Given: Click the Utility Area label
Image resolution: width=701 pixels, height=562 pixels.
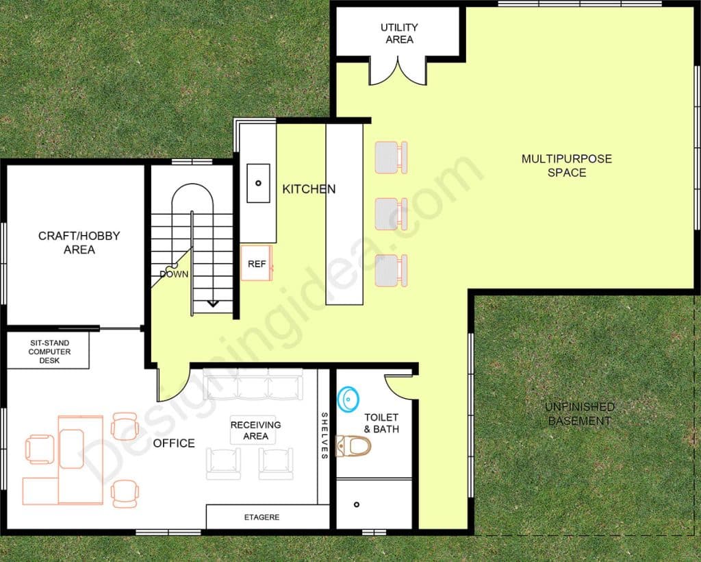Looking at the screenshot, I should click(x=399, y=34).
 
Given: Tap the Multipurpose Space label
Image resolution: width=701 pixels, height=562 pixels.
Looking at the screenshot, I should click(x=566, y=165).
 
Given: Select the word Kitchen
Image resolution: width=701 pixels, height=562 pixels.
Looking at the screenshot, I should click(x=309, y=188).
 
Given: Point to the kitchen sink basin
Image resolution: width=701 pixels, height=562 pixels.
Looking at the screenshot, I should click(x=258, y=183).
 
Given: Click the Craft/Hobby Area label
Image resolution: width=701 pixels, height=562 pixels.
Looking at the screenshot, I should click(x=79, y=243).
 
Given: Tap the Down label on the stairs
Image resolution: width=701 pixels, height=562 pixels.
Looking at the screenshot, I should click(x=174, y=274).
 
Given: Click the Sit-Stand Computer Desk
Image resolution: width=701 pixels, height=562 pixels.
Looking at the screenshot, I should click(x=49, y=351).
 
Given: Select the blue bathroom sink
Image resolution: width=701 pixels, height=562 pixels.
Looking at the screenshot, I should click(x=348, y=398).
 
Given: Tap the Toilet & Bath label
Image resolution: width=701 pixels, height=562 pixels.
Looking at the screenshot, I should click(x=381, y=423).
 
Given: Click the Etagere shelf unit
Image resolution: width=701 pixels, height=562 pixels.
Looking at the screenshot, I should click(x=262, y=517).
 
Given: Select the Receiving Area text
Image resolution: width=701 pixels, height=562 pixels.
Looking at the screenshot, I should click(x=255, y=430).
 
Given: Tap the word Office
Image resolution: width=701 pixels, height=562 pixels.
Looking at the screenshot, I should click(x=174, y=443).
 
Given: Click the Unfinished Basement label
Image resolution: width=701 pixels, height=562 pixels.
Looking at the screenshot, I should click(x=579, y=413).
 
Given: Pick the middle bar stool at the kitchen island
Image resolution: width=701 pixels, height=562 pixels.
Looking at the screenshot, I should click(x=391, y=214).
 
